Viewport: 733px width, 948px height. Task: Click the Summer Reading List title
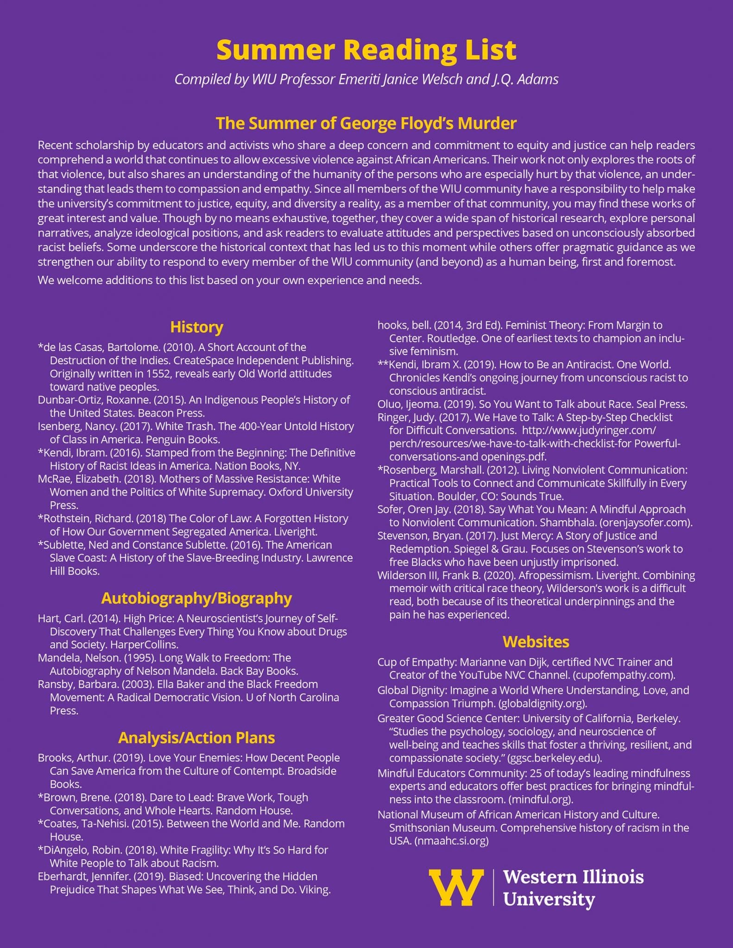[x=366, y=50]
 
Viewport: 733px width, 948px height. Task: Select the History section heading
[x=196, y=327]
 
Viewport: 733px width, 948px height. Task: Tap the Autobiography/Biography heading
[x=196, y=598]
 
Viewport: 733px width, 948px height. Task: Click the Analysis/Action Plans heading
[x=196, y=737]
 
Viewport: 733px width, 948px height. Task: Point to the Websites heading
[x=536, y=642]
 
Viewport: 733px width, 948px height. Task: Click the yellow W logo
[x=456, y=887]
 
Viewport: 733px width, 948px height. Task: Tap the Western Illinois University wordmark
[x=573, y=888]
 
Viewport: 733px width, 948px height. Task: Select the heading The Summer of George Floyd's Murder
[x=366, y=123]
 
